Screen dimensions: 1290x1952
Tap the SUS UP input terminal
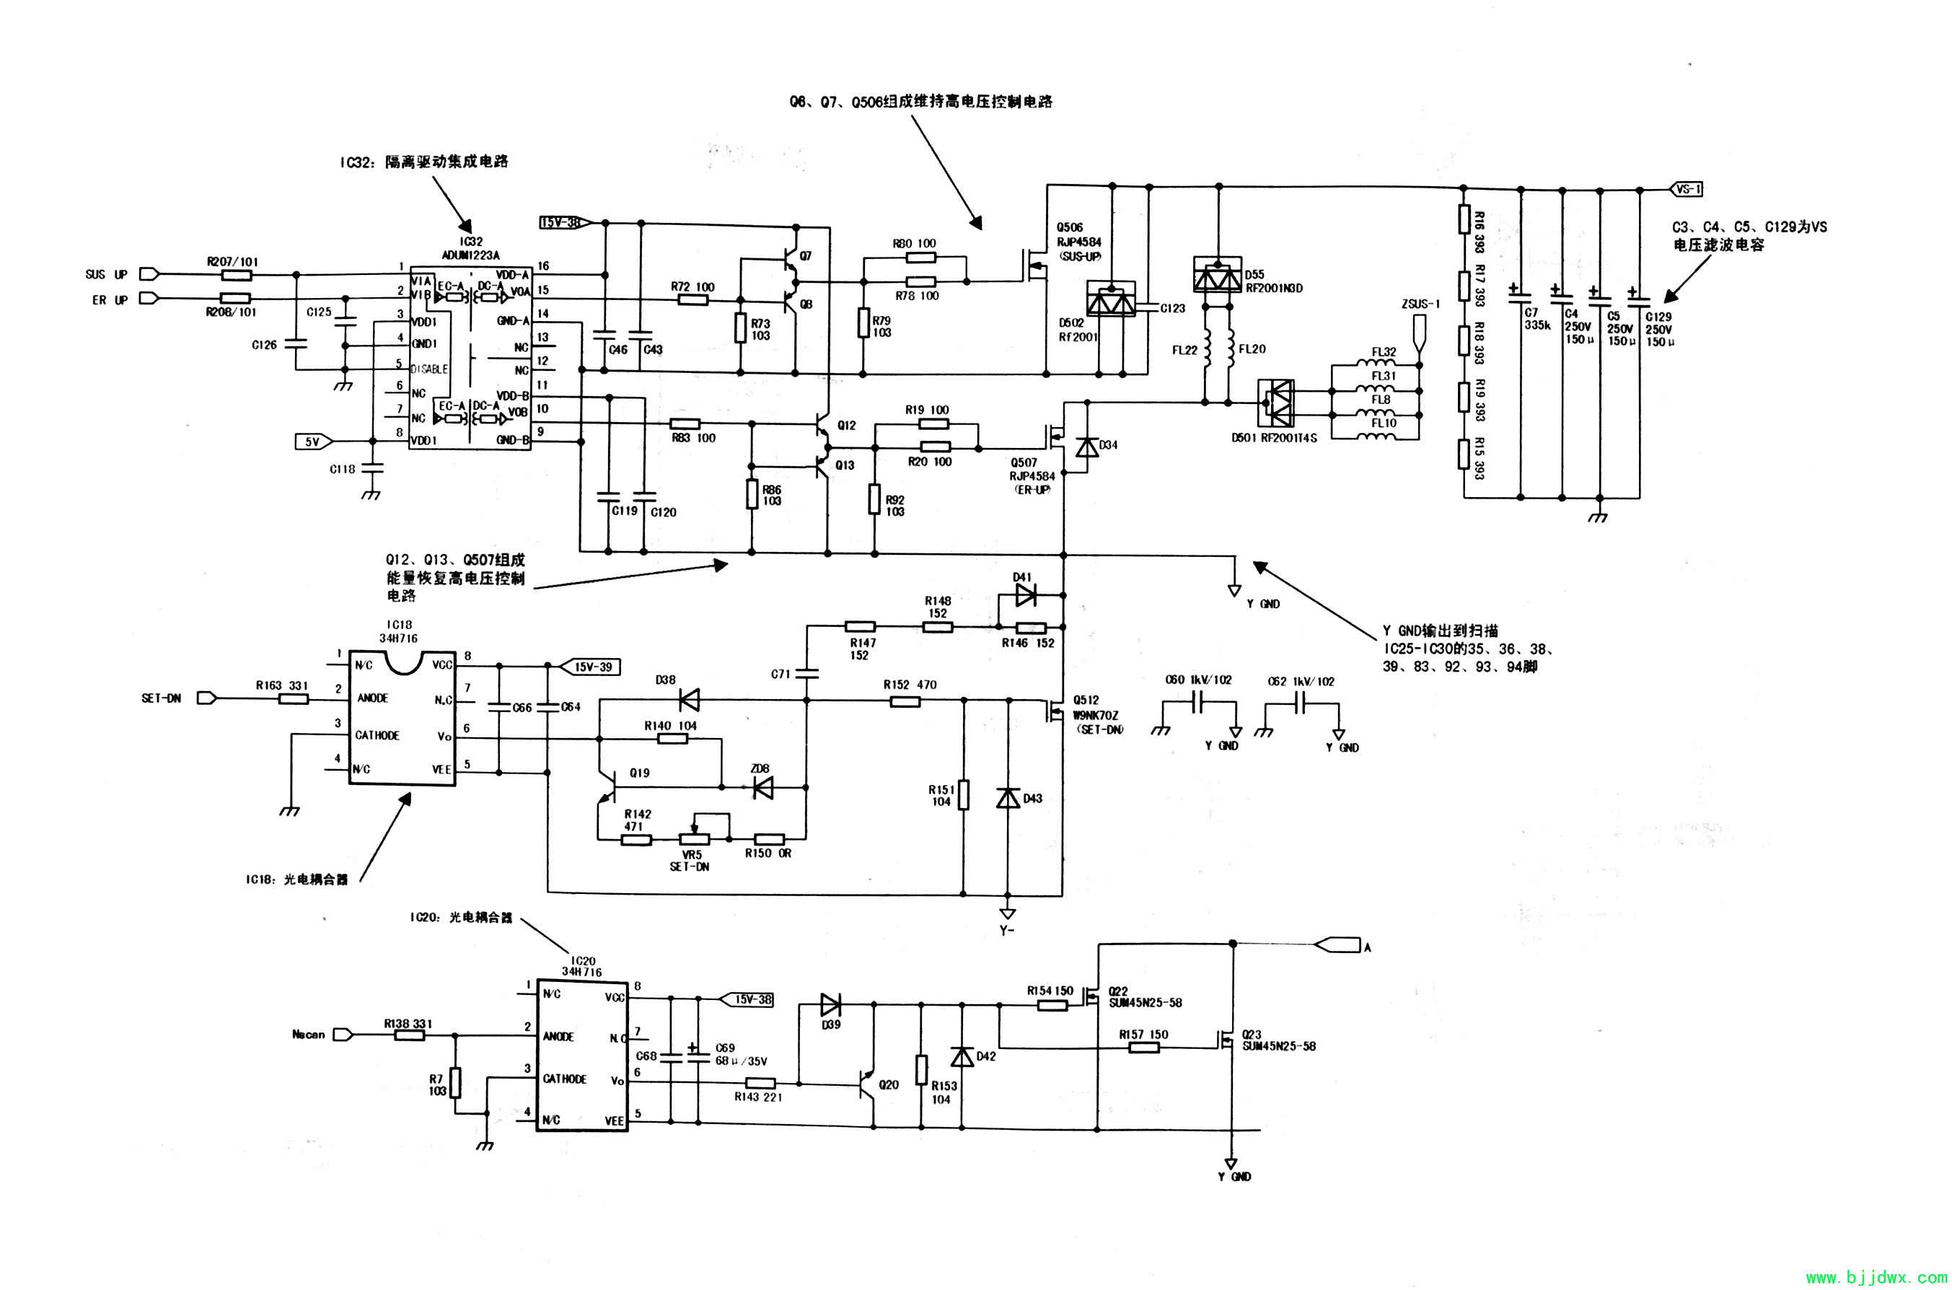click(x=149, y=274)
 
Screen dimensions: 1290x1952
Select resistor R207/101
click(x=236, y=274)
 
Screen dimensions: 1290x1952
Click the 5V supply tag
click(x=312, y=442)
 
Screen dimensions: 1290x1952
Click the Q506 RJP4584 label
click(x=1078, y=235)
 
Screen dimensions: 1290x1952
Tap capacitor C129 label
click(x=1658, y=317)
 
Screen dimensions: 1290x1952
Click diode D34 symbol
click(x=1088, y=447)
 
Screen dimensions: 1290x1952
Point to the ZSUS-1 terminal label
click(x=1420, y=304)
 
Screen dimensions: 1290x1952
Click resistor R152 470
click(x=906, y=701)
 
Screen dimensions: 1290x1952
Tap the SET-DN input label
click(x=162, y=698)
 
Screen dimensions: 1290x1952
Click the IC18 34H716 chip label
click(x=398, y=632)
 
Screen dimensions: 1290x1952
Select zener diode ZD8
click(x=762, y=787)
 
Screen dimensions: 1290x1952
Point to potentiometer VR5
click(x=693, y=838)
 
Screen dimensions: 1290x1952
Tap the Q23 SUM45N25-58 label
click(x=1278, y=1040)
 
